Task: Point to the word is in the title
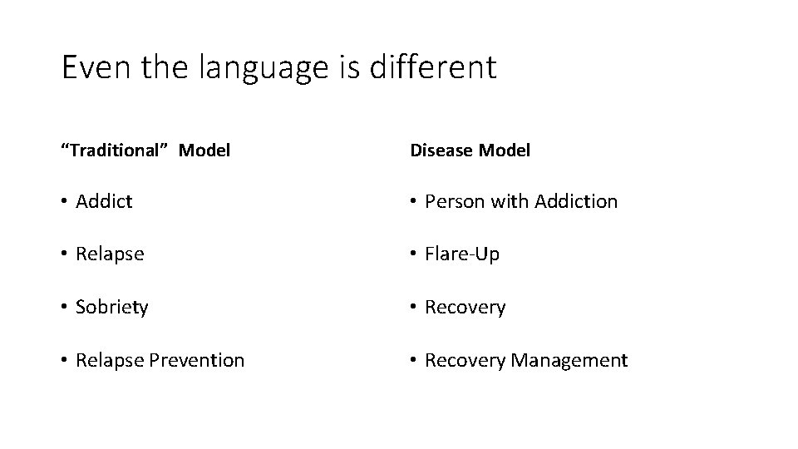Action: click(349, 67)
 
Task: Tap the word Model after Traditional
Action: click(204, 150)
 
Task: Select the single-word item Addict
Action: click(103, 201)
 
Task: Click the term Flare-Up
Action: click(462, 254)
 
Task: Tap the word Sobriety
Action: click(111, 308)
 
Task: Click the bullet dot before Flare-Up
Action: click(414, 254)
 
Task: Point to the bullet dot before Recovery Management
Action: click(414, 361)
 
